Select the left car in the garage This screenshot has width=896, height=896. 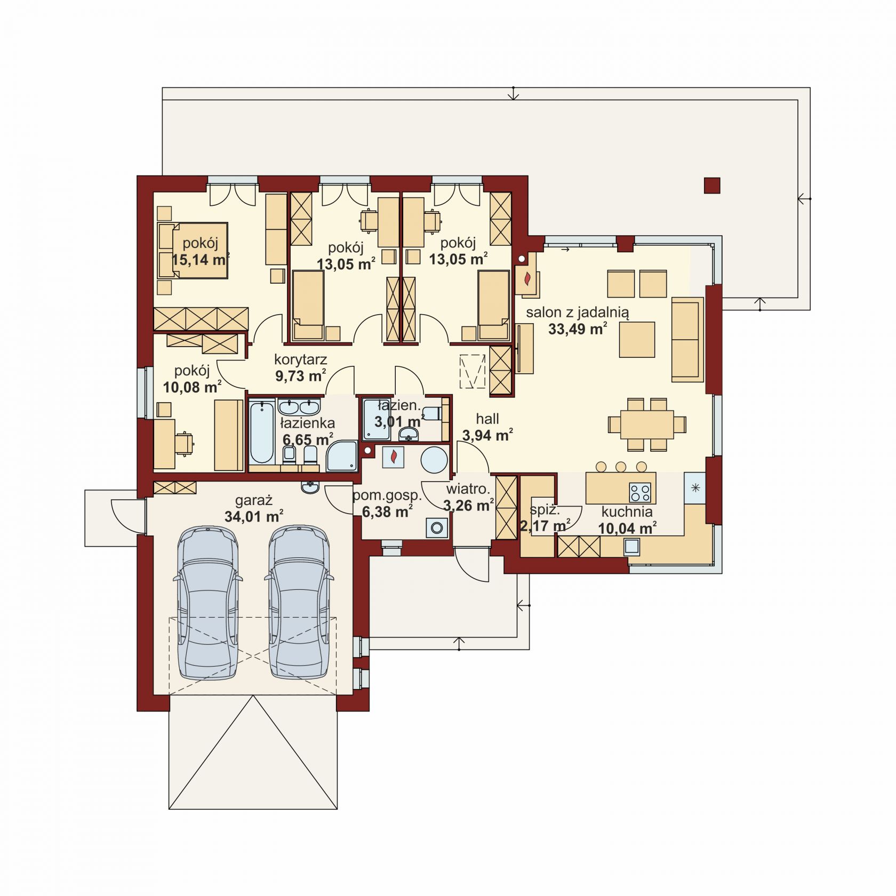tap(208, 602)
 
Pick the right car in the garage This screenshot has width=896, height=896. tap(299, 602)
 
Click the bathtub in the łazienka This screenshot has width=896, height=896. tap(262, 433)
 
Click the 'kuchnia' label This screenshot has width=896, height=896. tap(627, 512)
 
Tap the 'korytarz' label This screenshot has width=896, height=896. tap(300, 359)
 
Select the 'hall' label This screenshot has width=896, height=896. tap(487, 419)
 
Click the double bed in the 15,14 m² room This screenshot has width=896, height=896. tap(193, 250)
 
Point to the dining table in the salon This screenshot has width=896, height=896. tap(647, 424)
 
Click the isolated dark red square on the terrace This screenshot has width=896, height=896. tap(712, 185)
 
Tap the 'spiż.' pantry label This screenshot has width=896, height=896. tap(545, 509)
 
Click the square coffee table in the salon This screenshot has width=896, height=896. tap(637, 339)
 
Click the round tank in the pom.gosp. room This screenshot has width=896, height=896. tap(434, 459)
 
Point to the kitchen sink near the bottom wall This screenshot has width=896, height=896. tap(632, 546)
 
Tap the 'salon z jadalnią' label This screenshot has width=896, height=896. tap(578, 313)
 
